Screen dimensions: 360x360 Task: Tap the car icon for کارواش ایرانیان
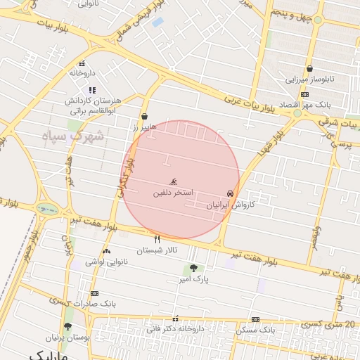coord(230,193)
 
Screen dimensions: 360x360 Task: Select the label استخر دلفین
coord(174,192)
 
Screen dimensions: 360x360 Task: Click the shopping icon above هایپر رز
coord(145,117)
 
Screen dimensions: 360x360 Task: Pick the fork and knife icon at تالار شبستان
coord(157,239)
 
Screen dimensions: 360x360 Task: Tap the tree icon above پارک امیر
coord(193,268)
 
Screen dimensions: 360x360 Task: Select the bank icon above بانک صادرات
coord(95,294)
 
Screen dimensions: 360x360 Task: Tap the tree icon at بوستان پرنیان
coord(67,326)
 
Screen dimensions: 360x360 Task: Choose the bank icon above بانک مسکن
coord(255,319)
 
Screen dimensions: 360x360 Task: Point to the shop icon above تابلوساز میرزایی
coord(310,68)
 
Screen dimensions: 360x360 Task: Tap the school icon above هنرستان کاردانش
coord(92,90)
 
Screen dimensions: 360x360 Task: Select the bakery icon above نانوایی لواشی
coord(106,251)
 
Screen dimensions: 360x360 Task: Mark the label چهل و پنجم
coord(290,14)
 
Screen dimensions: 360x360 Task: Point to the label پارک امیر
coord(195,279)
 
